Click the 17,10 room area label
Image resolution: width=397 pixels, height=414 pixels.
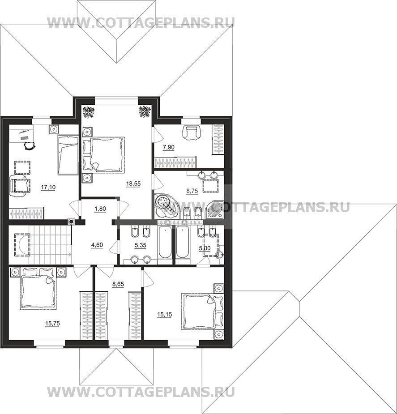coord(48,188)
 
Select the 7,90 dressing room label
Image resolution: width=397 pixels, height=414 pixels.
coord(168,147)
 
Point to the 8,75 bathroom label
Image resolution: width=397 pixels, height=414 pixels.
coord(192,191)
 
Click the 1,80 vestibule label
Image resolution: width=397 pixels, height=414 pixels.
coord(100,209)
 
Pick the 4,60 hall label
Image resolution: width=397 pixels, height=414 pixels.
coord(97,245)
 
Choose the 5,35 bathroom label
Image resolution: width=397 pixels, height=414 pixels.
coord(141,245)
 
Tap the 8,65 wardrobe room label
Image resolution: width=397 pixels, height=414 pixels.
coord(118,284)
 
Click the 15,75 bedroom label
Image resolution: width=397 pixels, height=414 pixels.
coord(52,324)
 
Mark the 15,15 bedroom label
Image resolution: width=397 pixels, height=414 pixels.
coord(164,315)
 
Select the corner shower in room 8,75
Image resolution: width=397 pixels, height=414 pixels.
coord(214,210)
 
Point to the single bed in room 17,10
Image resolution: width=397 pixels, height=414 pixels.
coord(68,155)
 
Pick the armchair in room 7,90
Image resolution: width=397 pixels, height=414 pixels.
coord(192,132)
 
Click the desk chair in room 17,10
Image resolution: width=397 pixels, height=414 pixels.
coord(29,145)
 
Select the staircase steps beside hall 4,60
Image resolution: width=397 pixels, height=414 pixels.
coord(51,244)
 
